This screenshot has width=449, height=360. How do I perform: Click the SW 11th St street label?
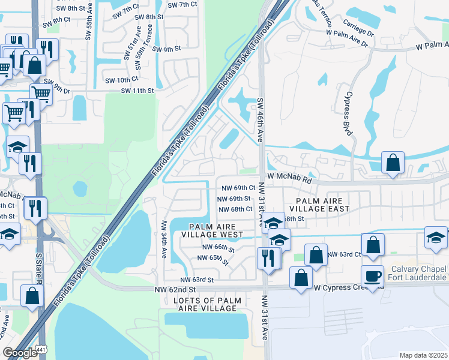137,91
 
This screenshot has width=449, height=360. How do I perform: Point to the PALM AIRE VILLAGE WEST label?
215,230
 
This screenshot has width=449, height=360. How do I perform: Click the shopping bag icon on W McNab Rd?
392,164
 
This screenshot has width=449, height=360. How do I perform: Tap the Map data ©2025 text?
423,355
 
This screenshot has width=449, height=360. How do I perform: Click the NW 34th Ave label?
163,239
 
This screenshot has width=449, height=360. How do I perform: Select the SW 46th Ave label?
261,119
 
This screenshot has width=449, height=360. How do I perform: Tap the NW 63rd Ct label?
345,254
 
